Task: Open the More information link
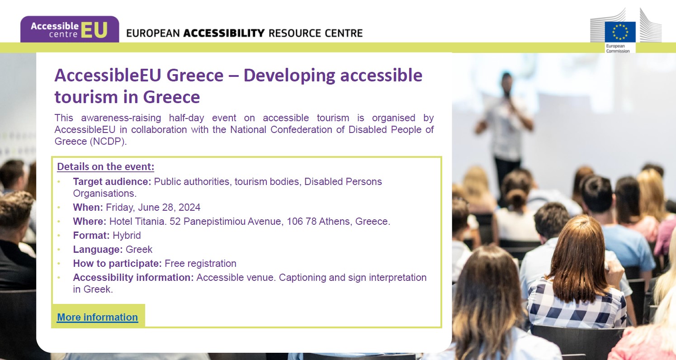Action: point(98,317)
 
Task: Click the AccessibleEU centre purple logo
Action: point(70,29)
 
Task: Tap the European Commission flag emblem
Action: point(620,32)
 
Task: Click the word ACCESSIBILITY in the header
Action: point(224,33)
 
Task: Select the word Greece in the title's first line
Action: point(195,75)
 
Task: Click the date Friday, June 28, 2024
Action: point(153,207)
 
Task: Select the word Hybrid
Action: point(127,235)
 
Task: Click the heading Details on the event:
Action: point(106,166)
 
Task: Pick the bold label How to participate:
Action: point(118,263)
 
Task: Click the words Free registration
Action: point(200,263)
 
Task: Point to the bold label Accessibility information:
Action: point(133,277)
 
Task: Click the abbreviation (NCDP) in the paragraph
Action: point(108,141)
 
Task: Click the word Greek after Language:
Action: point(139,249)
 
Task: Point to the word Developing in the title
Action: point(289,76)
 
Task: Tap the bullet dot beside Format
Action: point(59,235)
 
